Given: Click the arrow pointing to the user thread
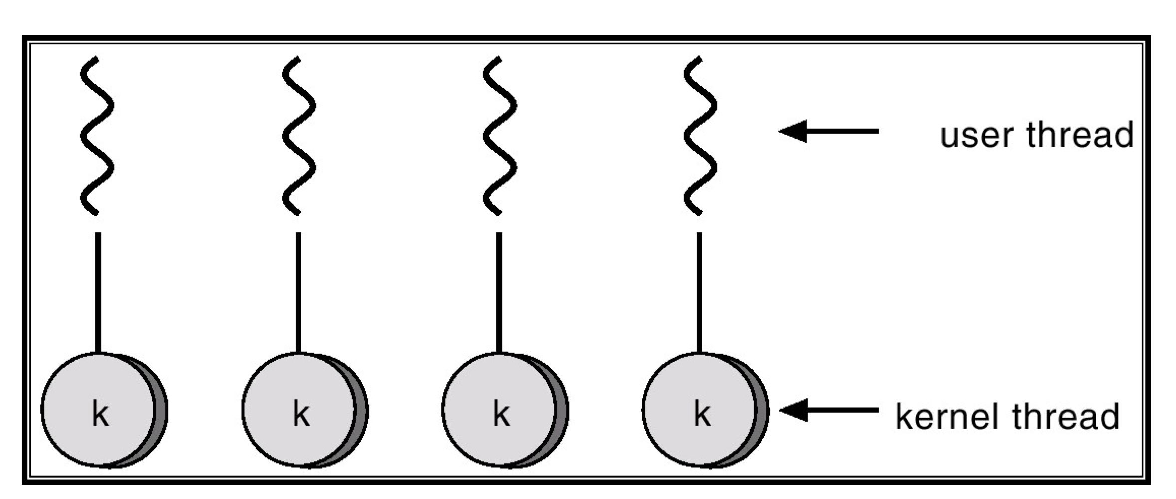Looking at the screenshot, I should point(829,131).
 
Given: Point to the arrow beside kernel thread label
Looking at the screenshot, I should point(829,410).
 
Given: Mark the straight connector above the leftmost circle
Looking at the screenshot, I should point(98,292).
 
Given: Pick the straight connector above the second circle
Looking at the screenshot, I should point(298,292).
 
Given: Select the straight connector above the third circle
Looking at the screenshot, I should point(499,292).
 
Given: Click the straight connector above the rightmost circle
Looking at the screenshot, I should point(699,292).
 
